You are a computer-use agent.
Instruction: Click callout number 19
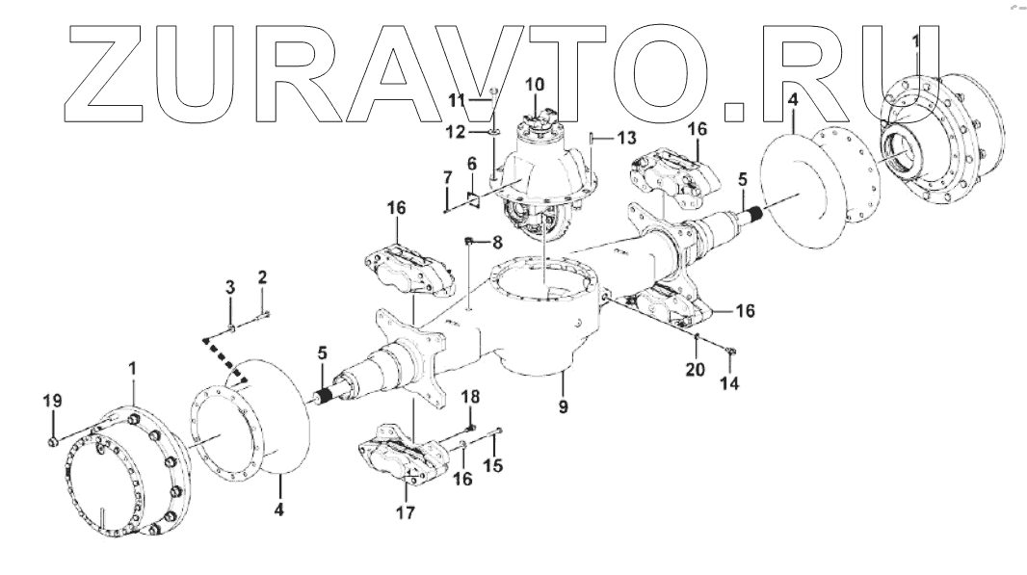point(51,400)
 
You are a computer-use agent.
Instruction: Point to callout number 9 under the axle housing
point(563,406)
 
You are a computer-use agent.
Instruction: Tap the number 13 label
point(627,136)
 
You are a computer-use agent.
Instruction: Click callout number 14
point(730,383)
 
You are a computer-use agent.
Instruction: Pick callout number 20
point(695,370)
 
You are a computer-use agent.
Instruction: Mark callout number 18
point(469,397)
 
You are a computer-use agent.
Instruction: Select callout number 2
point(262,279)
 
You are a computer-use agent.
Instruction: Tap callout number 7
point(446,179)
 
